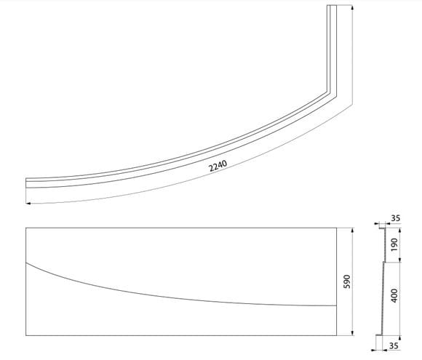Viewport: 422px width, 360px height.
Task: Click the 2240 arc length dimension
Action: (218, 166)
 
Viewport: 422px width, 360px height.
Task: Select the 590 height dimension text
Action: (348, 281)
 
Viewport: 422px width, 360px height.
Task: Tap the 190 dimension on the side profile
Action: (394, 244)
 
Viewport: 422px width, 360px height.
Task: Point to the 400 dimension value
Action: (394, 295)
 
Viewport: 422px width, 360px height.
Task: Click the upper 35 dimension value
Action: (395, 218)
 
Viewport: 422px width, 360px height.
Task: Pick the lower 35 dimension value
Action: (394, 345)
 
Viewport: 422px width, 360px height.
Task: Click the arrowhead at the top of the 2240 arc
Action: (352, 7)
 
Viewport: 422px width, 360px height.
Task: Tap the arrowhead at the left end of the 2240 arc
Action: (28, 204)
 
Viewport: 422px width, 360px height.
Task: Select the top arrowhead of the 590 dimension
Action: (352, 231)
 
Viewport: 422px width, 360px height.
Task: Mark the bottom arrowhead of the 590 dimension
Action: (352, 333)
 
